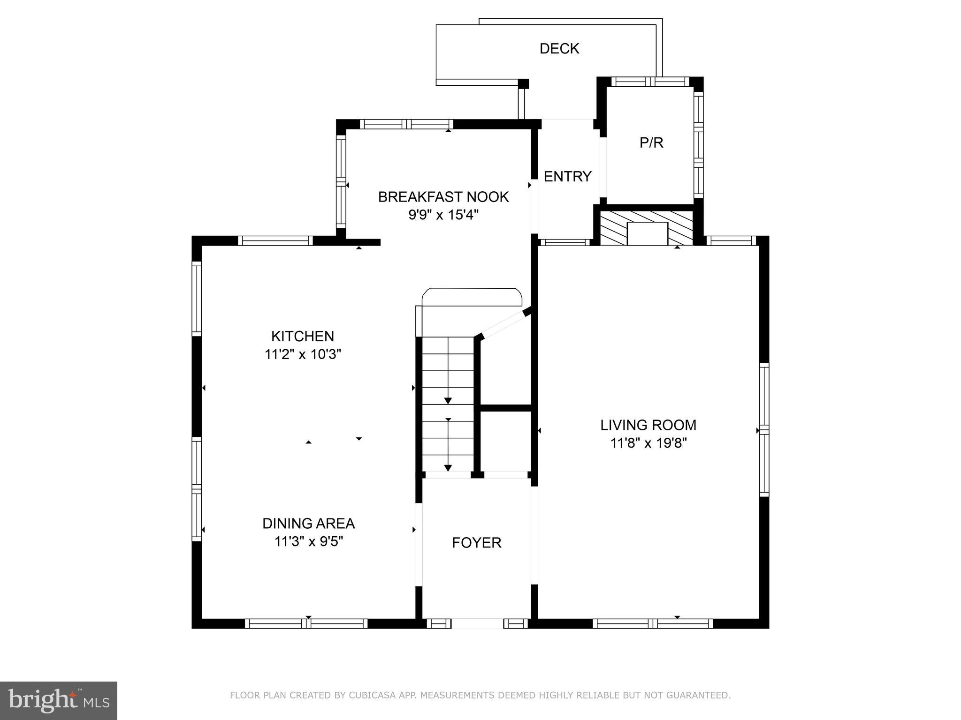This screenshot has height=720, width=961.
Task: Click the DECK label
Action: (559, 49)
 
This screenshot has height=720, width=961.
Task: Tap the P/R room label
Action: (651, 142)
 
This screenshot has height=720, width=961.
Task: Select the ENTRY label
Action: (567, 176)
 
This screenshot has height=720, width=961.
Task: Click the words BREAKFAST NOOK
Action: (443, 197)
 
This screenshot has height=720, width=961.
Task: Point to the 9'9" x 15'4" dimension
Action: (443, 215)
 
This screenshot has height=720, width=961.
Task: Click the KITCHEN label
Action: (303, 336)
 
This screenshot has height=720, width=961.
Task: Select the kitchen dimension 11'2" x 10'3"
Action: (303, 354)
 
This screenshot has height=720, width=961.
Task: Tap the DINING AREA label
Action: (308, 523)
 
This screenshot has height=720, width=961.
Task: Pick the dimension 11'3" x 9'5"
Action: (308, 541)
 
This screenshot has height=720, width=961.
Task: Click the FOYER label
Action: (477, 542)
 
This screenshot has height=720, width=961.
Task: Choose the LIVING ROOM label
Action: (648, 425)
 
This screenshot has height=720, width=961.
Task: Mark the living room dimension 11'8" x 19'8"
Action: (648, 443)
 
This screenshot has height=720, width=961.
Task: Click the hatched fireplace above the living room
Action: (647, 227)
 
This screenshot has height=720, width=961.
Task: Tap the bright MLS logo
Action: (58, 701)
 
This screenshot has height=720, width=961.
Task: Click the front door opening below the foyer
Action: (477, 623)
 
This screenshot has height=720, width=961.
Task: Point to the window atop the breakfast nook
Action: (406, 124)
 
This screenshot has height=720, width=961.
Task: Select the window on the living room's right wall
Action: (764, 429)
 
